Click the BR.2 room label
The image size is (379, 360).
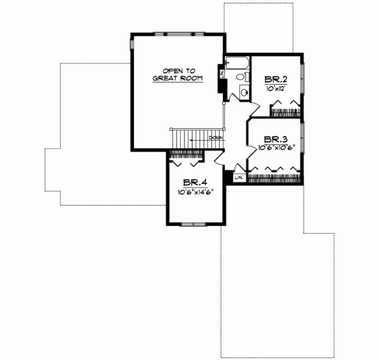(x=276, y=80)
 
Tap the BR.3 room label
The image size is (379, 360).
(x=276, y=139)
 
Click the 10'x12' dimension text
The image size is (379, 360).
(x=276, y=89)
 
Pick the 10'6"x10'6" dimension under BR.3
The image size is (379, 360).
(x=276, y=148)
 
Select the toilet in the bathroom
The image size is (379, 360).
(x=239, y=77)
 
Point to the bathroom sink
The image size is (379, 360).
(x=244, y=93)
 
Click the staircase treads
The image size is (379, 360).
(x=187, y=138)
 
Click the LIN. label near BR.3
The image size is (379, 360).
(x=239, y=177)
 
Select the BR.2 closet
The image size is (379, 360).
(x=286, y=111)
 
